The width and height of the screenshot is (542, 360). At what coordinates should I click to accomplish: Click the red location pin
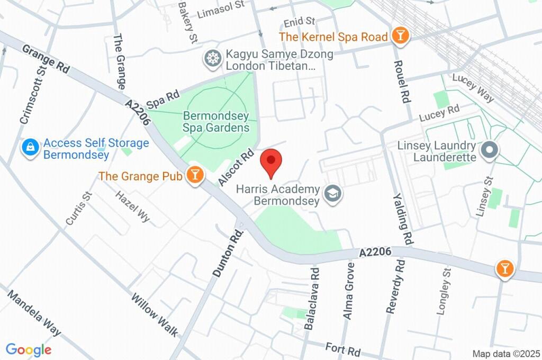coord(272,162)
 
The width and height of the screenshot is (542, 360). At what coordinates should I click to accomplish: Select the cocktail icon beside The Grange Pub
coord(195,175)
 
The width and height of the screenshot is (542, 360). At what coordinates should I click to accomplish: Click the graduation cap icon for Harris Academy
coord(333,194)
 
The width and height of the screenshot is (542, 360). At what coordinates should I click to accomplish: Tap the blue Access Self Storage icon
coord(30,148)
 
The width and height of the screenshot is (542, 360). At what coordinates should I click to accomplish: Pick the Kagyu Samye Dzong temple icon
coord(213,59)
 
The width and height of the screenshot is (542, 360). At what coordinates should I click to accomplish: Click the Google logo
coord(29,349)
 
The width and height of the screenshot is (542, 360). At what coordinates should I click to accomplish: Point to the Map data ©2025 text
coord(506,354)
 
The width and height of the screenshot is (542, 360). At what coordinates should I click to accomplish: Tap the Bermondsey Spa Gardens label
coord(216,122)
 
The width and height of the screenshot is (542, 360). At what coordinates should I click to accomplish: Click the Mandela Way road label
coord(34,313)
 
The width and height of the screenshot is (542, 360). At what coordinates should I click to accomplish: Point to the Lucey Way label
coord(473,88)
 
